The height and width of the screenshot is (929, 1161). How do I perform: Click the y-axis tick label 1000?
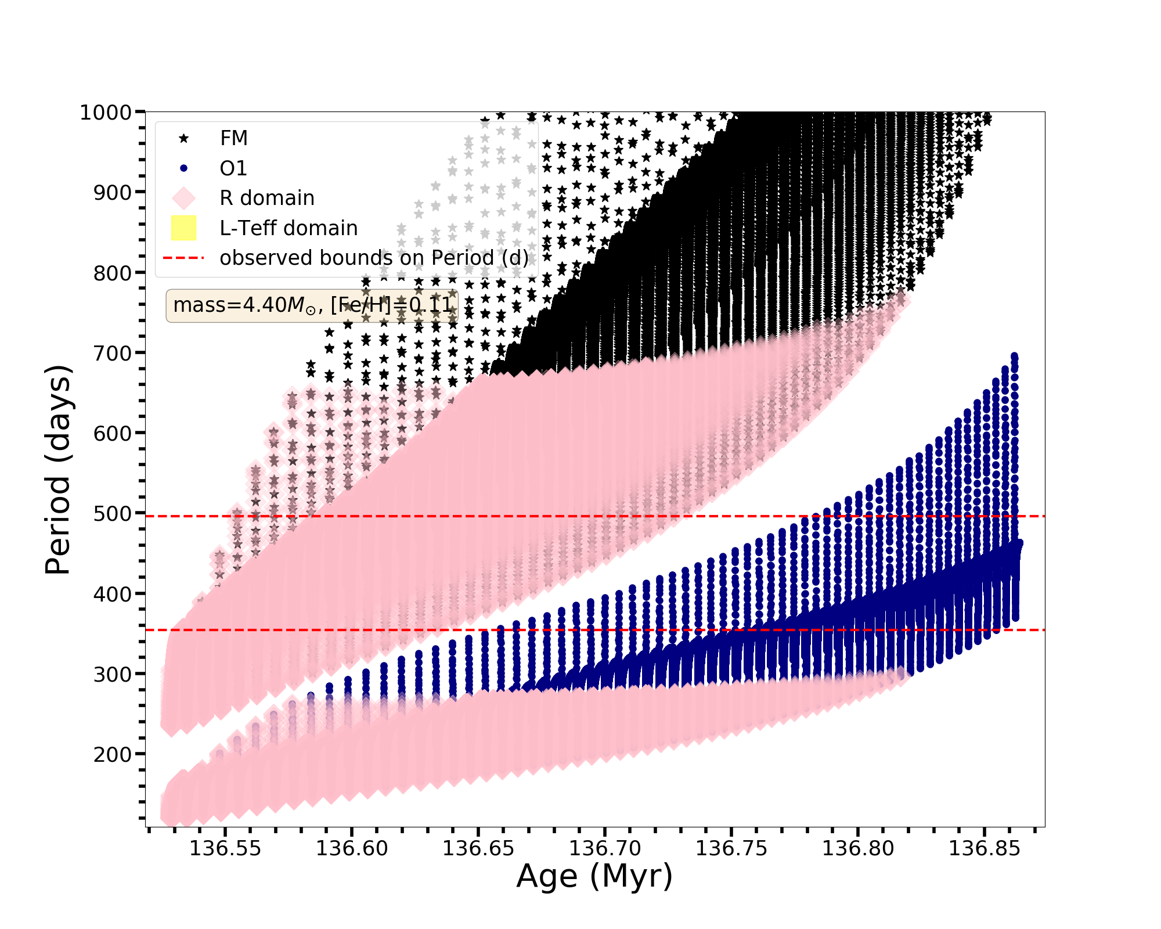106,112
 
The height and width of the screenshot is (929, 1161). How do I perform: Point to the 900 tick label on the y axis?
113,192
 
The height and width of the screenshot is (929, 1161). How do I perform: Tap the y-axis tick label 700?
113,353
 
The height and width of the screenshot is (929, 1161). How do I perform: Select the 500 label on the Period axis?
113,514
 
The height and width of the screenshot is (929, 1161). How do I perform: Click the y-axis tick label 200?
113,754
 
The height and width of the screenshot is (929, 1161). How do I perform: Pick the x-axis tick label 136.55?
225,848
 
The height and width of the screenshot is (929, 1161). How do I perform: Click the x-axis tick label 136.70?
605,848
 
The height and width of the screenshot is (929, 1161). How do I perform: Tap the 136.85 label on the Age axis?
984,848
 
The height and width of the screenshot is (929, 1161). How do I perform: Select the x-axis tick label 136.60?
352,848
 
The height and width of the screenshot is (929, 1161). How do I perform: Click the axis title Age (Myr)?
594,876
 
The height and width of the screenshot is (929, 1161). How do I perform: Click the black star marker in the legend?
183,138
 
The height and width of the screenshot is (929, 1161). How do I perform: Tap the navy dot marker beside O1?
183,168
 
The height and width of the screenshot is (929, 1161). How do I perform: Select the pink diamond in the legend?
183,198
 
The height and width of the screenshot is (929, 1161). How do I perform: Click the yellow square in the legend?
183,228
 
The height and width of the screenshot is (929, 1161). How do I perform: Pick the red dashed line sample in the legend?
183,258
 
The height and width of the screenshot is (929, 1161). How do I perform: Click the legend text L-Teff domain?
289,228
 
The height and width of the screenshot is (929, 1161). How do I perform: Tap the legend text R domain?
267,198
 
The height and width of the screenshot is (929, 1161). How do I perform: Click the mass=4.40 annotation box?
312,305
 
